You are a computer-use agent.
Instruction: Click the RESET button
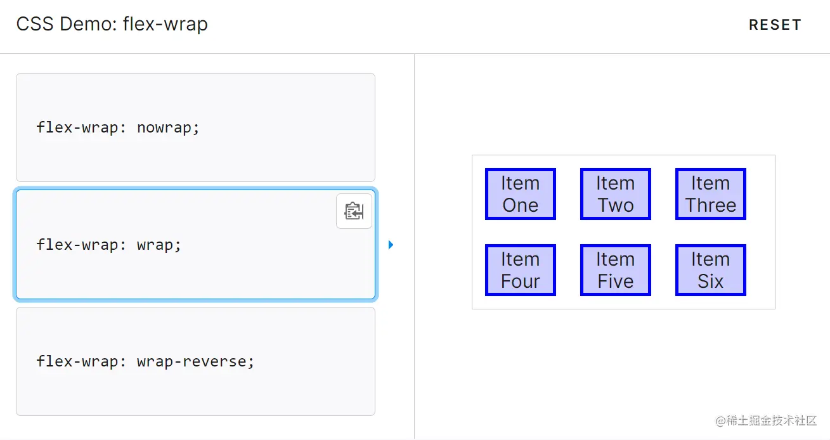point(775,25)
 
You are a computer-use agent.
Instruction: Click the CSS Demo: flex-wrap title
point(112,24)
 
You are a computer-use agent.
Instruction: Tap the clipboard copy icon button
point(354,211)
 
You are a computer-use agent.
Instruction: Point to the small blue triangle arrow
point(391,245)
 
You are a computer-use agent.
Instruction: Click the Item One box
point(520,194)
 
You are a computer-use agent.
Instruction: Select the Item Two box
point(615,194)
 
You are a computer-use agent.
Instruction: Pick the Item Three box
point(710,194)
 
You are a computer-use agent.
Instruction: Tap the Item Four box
point(520,270)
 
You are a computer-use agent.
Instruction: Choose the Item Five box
point(615,270)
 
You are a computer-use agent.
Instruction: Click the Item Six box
point(710,270)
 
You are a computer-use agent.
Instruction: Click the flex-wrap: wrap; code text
point(109,245)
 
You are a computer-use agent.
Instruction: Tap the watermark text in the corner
point(766,421)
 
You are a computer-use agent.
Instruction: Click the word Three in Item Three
point(711,205)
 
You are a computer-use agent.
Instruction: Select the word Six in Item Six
point(711,281)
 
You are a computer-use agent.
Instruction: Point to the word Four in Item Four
point(521,281)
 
